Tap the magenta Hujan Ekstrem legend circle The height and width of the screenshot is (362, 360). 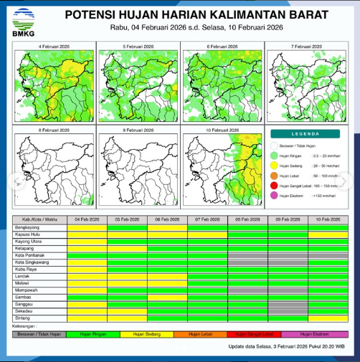click(274, 195)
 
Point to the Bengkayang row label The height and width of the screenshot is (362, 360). click(27, 226)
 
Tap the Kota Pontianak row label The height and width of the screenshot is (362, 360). click(30, 255)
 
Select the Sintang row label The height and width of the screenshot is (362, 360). click(22, 318)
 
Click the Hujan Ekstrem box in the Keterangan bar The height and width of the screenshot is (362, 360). click(313, 334)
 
